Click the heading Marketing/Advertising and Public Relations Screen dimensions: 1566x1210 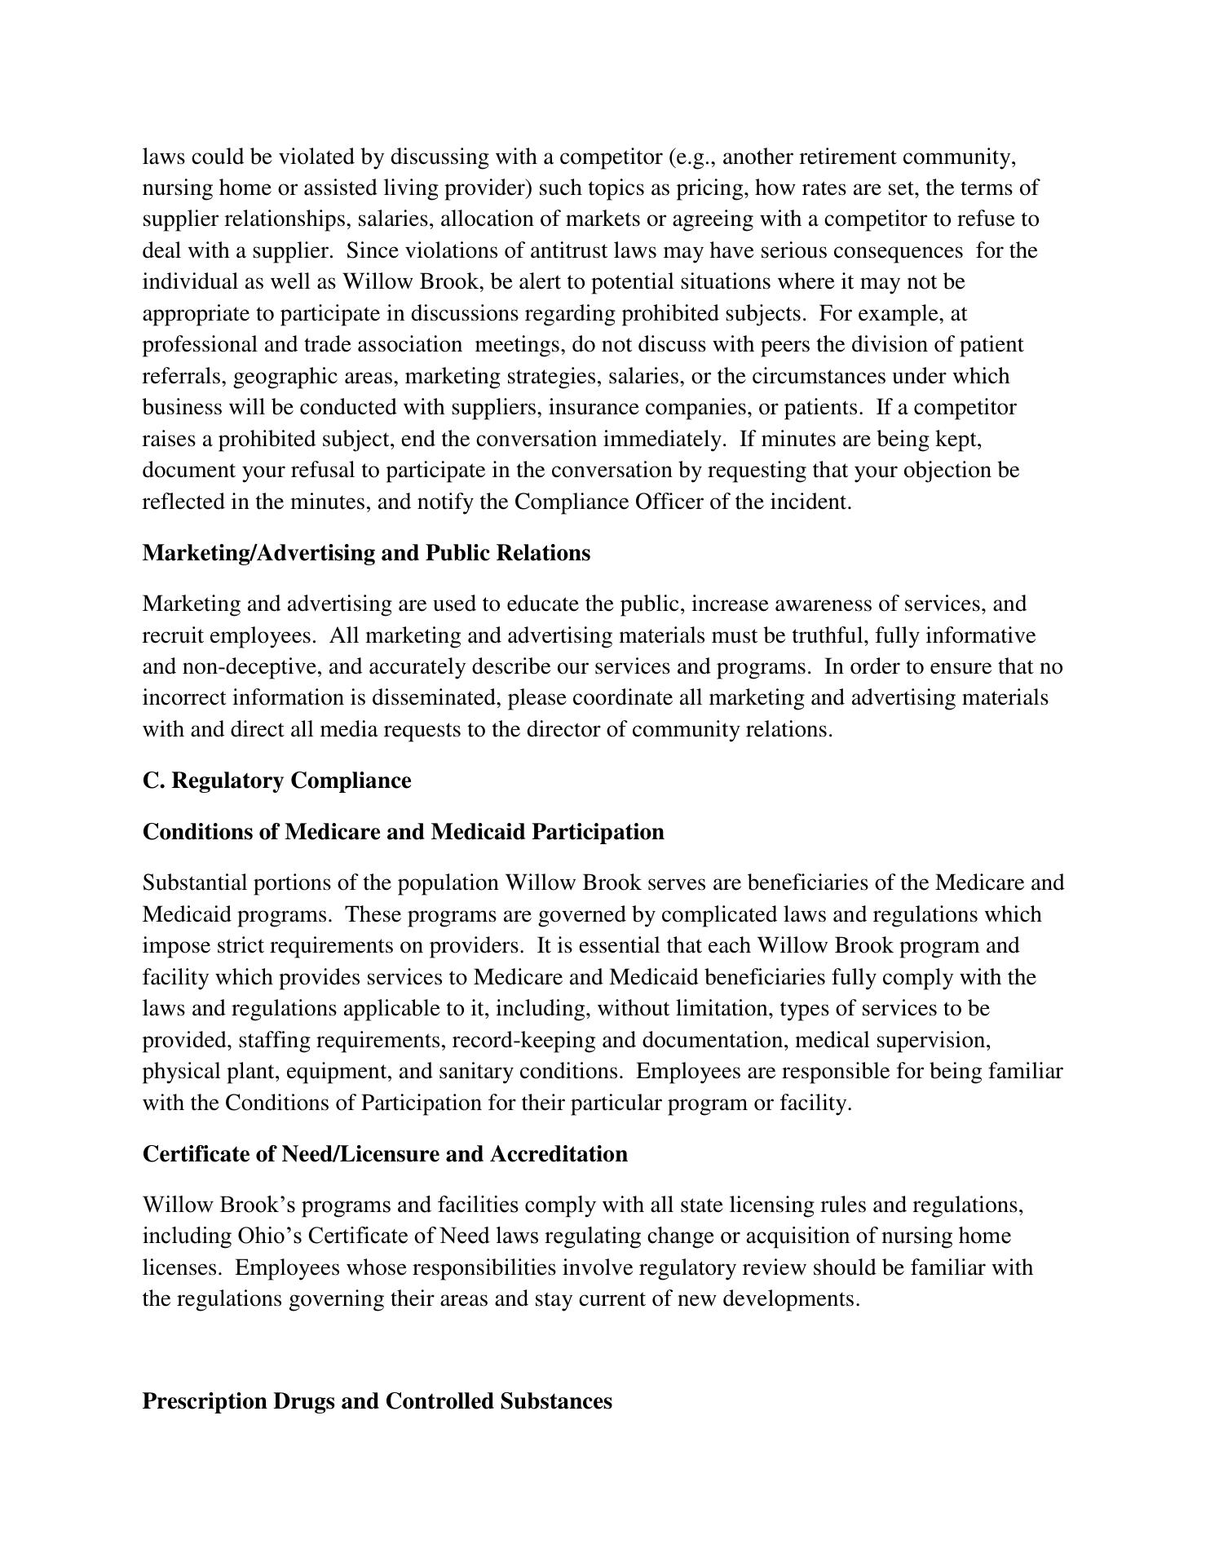(366, 553)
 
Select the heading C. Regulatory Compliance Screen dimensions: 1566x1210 (276, 781)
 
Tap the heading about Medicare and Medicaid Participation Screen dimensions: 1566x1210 (403, 832)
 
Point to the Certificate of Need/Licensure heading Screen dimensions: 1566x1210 (385, 1154)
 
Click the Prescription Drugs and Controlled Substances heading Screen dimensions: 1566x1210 (377, 1401)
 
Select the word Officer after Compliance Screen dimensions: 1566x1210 (669, 502)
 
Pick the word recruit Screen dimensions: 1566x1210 (174, 635)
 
